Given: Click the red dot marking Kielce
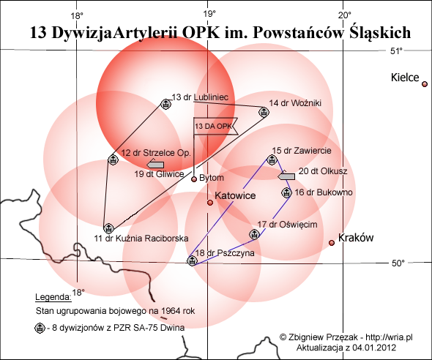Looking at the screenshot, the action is coord(425,84).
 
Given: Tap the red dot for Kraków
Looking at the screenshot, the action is coord(332,243).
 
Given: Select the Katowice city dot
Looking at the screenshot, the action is coord(210,203).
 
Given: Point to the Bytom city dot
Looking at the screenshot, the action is coord(194,179).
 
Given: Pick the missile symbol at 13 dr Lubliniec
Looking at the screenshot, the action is coord(165,104).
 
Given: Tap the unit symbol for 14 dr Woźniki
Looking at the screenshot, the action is coord(264,112).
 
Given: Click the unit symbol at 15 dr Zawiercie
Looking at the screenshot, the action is coord(272,160).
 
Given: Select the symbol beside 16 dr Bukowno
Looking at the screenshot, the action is coord(286,192).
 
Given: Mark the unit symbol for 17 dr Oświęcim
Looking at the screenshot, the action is coord(254,234).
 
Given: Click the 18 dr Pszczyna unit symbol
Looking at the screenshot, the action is coord(193,260).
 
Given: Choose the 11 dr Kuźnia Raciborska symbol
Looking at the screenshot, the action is coord(108,228).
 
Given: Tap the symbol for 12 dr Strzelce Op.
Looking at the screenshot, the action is coord(113,160).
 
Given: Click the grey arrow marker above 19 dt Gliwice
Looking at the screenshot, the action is coord(155,165).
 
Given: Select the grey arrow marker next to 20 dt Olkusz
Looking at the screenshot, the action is coord(286,176).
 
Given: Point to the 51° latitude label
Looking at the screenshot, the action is coord(396,51).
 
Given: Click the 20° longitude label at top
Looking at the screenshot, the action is coord(345,15).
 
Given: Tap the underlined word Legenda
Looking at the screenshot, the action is coord(53,297).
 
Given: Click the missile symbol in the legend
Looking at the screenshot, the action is coord(40,328).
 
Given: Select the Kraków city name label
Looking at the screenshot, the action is coord(356,238).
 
